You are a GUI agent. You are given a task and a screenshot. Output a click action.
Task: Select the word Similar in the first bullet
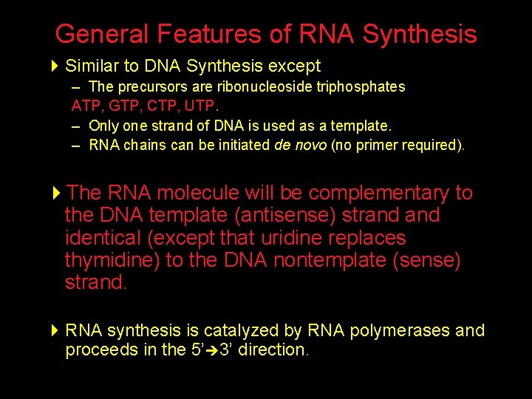91,66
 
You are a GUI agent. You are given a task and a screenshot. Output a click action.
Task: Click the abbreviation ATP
84,106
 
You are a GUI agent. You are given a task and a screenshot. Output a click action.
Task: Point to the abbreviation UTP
185,106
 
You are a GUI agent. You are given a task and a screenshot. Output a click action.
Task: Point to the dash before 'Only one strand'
76,126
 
